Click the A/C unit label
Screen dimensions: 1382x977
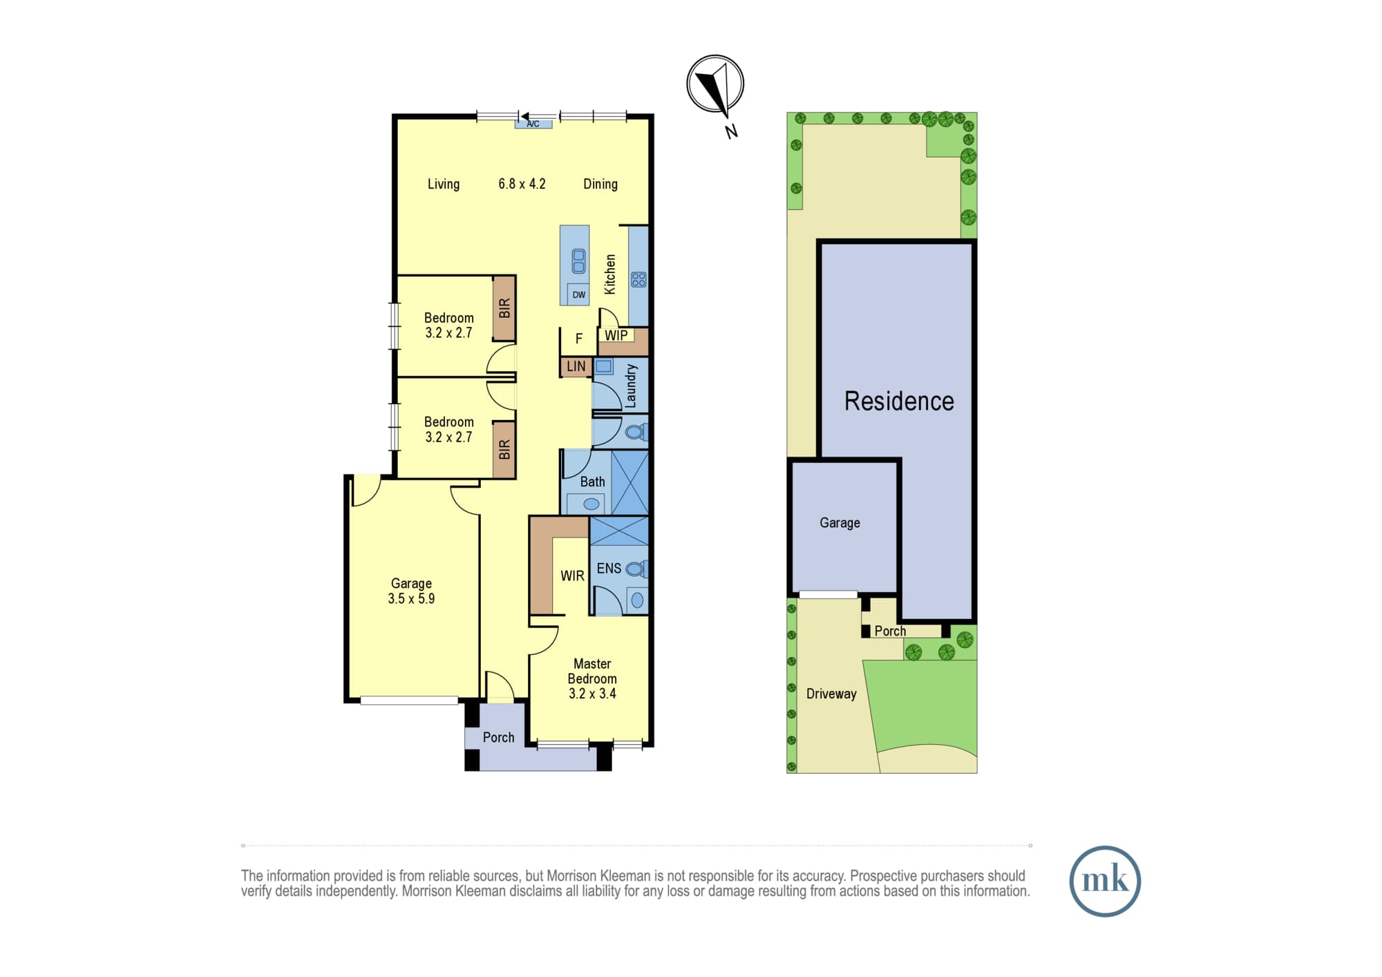[533, 124]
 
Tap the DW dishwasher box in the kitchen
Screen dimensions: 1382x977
[578, 294]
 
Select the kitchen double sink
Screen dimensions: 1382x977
[578, 261]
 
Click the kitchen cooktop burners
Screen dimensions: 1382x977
[638, 279]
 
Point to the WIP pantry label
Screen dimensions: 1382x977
[616, 335]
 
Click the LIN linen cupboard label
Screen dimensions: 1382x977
[576, 367]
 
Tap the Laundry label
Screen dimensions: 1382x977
[630, 386]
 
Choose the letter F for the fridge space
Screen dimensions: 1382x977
[579, 339]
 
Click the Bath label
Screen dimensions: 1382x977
[592, 482]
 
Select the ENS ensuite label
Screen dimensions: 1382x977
[609, 568]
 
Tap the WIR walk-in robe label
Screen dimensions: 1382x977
[572, 576]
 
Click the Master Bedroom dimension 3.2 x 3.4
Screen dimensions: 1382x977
[592, 694]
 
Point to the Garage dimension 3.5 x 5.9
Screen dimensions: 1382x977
[411, 598]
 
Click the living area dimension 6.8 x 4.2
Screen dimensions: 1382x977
[522, 184]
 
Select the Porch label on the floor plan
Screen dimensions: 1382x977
[498, 737]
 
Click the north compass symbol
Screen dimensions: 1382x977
[715, 84]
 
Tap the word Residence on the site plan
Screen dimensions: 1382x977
[899, 401]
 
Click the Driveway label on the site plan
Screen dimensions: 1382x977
[831, 694]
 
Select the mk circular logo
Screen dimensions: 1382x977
[1105, 881]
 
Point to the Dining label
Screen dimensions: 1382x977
[600, 184]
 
